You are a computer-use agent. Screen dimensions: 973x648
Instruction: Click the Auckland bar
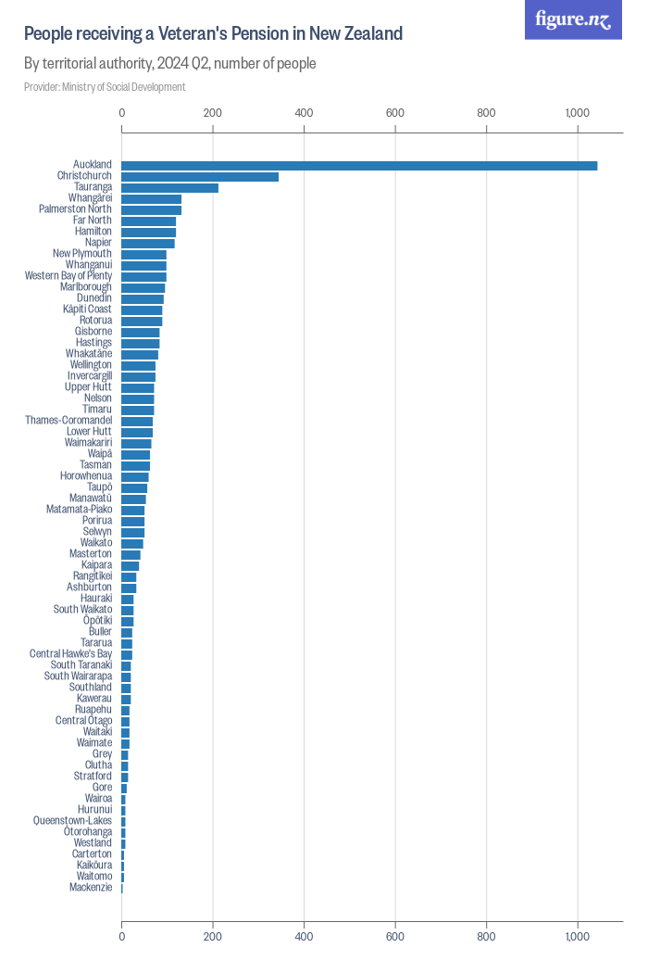coord(359,165)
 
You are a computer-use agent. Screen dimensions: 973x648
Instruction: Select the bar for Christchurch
coord(200,176)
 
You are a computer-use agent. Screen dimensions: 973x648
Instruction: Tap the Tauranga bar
coord(170,187)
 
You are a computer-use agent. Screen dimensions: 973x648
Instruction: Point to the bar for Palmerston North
coord(152,209)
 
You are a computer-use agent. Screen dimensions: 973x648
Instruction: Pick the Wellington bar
coord(139,365)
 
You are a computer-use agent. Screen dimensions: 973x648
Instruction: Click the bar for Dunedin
coord(143,298)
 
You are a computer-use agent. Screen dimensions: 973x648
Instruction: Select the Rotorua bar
coord(142,321)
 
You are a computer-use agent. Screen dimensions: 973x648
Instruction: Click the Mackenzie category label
coord(91,888)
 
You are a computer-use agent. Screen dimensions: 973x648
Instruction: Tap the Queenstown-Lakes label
coord(72,821)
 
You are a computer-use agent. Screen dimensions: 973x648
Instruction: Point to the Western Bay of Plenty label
coord(69,276)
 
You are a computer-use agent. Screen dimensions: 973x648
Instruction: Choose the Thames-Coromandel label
coord(69,421)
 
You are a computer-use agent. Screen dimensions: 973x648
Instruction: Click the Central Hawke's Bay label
coord(70,654)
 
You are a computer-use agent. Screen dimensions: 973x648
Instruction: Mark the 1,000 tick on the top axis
coord(577,112)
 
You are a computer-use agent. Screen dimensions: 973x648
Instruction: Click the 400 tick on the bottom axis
coord(305,937)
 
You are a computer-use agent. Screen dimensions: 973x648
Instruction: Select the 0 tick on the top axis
coord(122,112)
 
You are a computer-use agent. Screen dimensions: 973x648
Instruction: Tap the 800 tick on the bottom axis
coord(487,937)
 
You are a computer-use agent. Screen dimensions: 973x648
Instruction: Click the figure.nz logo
coord(573,19)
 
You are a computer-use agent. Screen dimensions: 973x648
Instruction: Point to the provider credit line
coord(105,87)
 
